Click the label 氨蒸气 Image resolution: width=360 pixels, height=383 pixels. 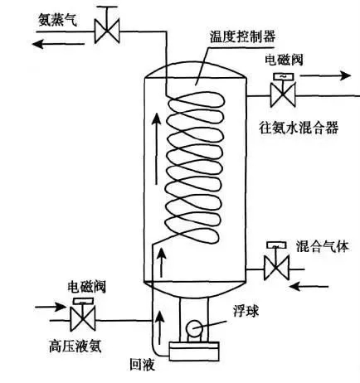click(57, 20)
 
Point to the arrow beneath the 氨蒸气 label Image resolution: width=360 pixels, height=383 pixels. click(58, 44)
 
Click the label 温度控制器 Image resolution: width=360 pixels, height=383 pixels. click(242, 36)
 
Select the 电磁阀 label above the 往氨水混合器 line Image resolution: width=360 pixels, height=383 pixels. click(284, 60)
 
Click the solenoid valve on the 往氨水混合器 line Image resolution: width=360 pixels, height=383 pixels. click(283, 90)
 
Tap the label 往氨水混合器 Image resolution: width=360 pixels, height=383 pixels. click(299, 128)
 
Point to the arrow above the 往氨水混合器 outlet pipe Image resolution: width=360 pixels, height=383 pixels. click(325, 75)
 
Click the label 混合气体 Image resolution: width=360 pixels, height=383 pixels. click(322, 246)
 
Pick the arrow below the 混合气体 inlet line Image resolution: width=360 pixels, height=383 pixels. click(309, 286)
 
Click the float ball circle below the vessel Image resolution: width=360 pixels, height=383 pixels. click(194, 328)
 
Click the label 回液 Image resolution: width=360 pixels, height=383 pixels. click(143, 364)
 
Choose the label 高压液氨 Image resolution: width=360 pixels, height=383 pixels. click(75, 346)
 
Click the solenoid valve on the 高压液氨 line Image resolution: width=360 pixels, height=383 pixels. click(83, 315)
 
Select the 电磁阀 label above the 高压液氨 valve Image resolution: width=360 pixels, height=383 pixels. click(87, 288)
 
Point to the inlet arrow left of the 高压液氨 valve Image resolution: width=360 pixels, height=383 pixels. click(51, 307)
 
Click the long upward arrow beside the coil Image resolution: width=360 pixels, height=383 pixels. click(157, 148)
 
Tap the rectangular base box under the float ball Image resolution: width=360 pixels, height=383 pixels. click(194, 351)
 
